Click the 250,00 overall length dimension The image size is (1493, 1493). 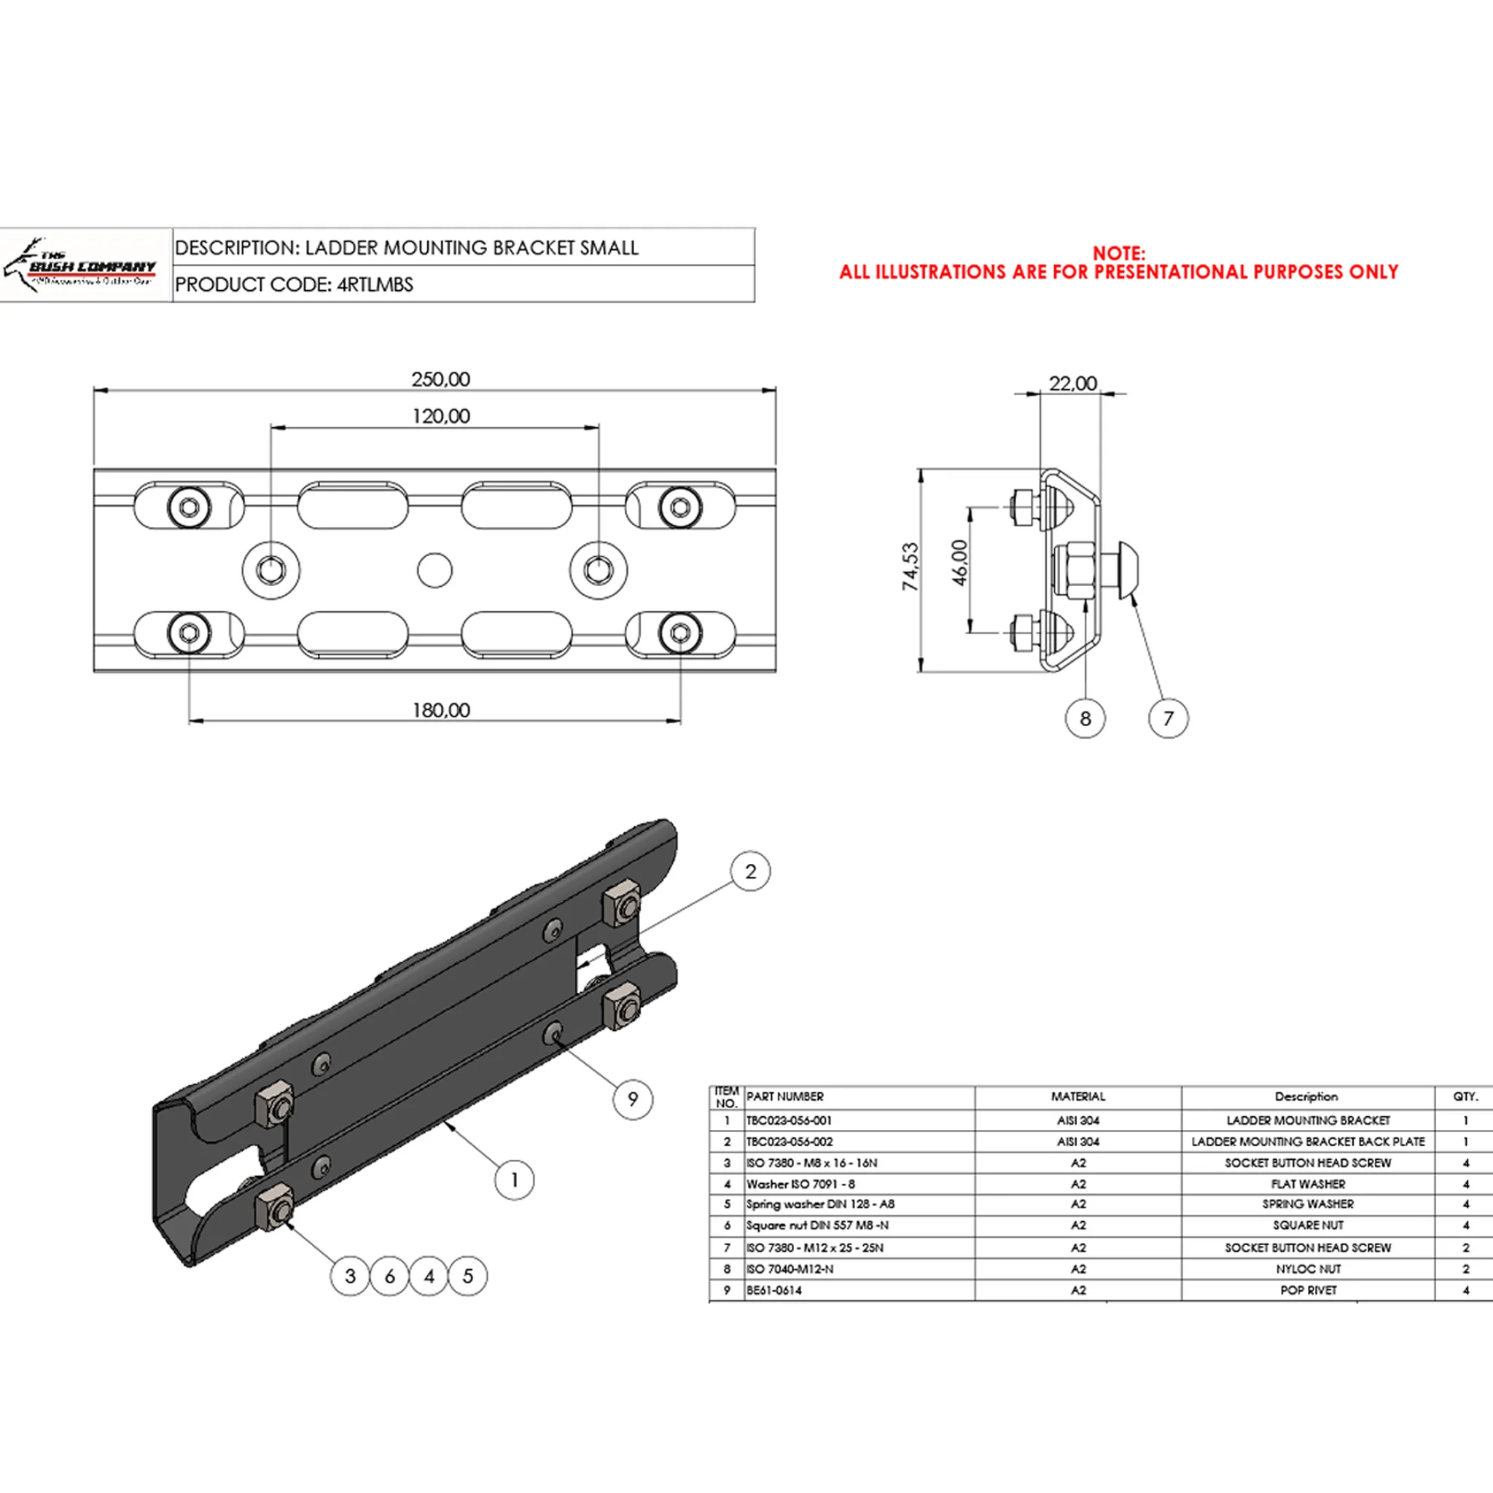point(440,379)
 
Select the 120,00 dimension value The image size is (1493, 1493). point(440,416)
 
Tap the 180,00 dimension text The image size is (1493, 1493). point(440,710)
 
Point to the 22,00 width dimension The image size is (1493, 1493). point(1072,383)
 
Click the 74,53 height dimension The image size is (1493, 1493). point(911,566)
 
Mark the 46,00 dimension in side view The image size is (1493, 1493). point(959,563)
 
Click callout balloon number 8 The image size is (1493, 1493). point(1085,719)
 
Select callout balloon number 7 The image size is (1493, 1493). point(1169,719)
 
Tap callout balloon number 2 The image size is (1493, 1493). point(750,872)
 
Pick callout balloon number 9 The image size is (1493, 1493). point(633,1099)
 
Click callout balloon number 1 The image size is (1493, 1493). point(515,1180)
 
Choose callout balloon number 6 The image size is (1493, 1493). point(389,1276)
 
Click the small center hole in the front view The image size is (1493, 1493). point(434,570)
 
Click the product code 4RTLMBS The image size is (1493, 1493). point(375,284)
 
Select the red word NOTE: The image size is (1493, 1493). point(1118,254)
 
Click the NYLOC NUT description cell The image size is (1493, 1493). point(1308,1269)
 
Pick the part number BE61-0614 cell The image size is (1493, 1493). point(774,1290)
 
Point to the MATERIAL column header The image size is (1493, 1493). point(1078,1096)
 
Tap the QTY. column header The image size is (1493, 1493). point(1465,1096)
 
